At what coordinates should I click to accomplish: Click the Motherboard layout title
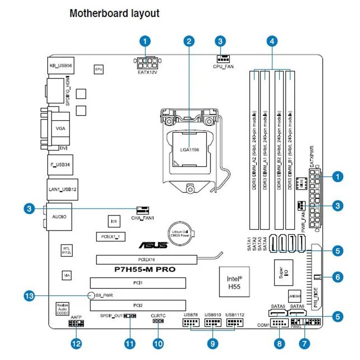114,13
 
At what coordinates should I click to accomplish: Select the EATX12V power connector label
148,72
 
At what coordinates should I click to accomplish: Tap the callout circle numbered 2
189,41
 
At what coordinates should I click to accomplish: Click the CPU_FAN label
223,67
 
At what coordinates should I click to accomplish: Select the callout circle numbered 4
270,41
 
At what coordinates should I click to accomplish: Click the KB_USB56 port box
61,66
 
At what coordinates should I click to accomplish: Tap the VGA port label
61,128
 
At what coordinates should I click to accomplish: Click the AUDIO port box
59,216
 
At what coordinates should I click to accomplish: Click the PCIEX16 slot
146,260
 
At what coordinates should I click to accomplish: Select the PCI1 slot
138,283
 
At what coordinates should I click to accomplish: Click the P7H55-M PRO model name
144,270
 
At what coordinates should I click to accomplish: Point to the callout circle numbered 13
29,296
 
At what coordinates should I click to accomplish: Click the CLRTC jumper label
159,316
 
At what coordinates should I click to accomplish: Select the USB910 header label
212,315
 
